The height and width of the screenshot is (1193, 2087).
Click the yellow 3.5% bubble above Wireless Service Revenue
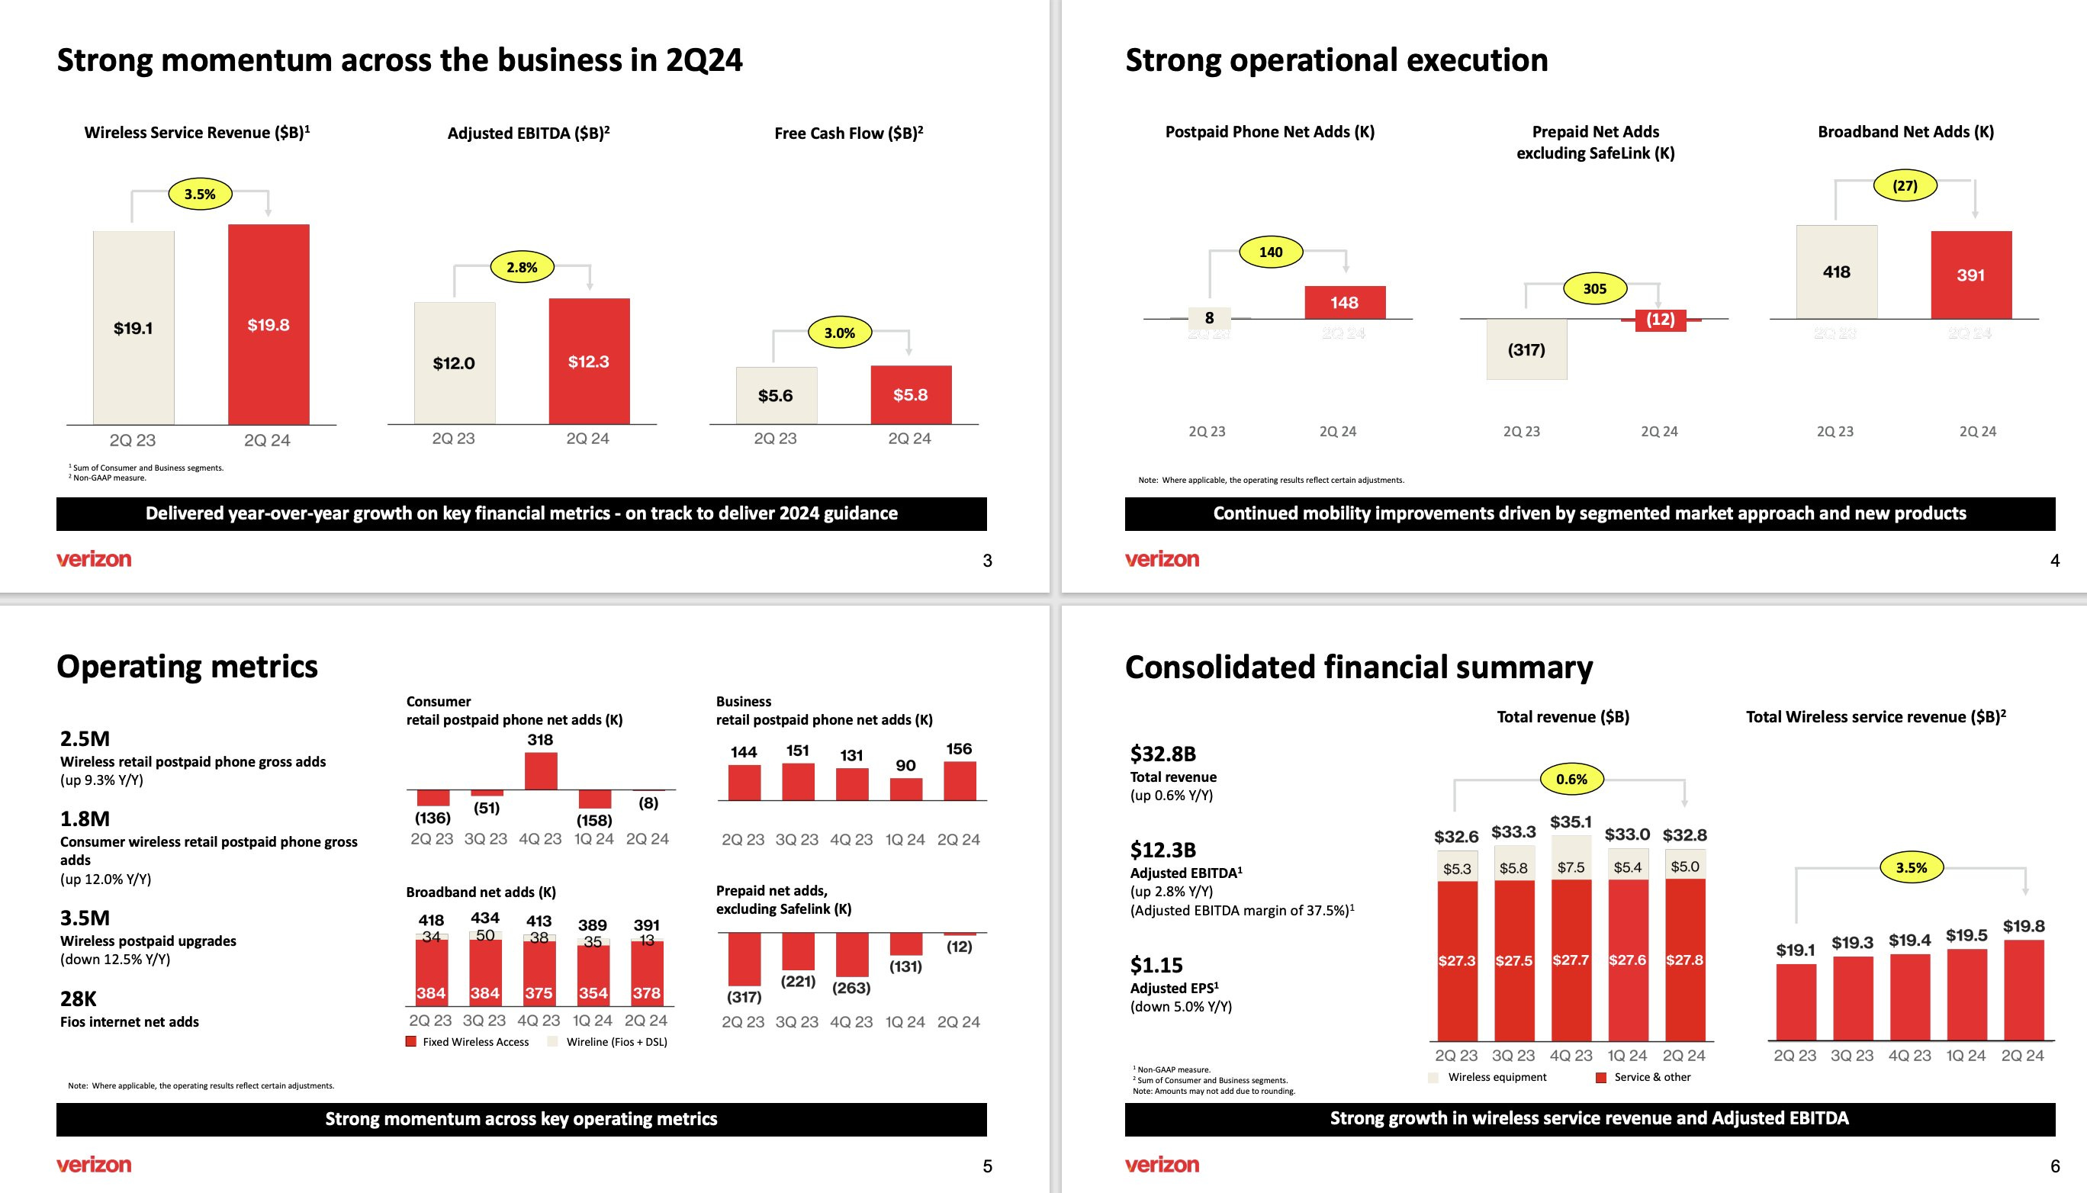coord(200,195)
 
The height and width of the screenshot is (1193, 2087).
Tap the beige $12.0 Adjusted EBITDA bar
coord(454,363)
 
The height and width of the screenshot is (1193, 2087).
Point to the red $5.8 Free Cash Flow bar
coord(910,395)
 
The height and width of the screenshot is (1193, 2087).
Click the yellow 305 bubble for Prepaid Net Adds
coord(1594,288)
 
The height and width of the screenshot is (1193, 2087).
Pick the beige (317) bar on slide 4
coord(1526,349)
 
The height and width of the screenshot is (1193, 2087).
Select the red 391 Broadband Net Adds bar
coord(1970,275)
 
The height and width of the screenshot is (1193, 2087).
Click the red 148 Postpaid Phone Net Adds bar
coord(1345,302)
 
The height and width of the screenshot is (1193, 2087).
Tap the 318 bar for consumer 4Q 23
coord(541,770)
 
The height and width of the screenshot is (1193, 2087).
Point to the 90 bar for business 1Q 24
coord(905,788)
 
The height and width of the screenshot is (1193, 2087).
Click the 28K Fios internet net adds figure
coord(79,998)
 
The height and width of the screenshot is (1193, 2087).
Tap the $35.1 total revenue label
coord(1571,822)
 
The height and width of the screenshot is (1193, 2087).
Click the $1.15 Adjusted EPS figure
coord(1156,965)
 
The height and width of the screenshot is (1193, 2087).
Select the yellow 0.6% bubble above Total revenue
coord(1571,780)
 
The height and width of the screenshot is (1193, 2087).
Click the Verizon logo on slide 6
coord(1162,1164)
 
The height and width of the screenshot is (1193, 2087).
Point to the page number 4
coord(2054,561)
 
